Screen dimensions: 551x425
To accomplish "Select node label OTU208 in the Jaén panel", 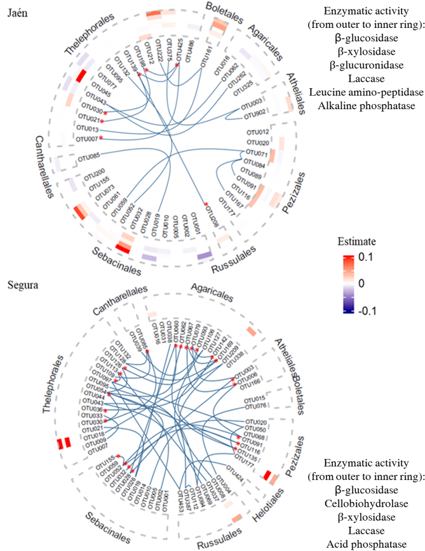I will coord(214,215).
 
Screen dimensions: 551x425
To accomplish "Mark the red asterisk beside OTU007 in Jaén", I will coord(100,138).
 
